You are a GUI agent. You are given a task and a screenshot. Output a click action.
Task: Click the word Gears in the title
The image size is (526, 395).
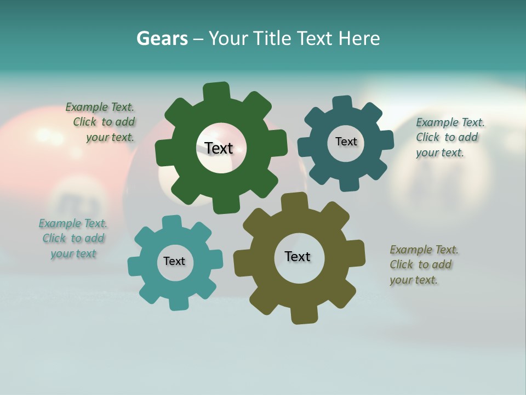coord(162,38)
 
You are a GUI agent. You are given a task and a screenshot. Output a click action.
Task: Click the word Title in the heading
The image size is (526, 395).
coord(272,38)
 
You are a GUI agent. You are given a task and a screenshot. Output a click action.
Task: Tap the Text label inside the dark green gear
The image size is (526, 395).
coord(219,148)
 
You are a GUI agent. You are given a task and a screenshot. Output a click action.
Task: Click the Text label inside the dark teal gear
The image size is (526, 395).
coord(346,142)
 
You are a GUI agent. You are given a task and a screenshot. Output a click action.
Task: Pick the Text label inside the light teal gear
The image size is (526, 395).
coord(174,261)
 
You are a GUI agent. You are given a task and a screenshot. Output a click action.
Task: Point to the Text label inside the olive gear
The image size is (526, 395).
coord(298,256)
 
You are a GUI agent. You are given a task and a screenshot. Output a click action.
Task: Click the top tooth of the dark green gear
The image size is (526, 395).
coord(216,91)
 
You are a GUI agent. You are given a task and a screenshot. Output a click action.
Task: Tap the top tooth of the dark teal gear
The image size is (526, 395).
coord(342,104)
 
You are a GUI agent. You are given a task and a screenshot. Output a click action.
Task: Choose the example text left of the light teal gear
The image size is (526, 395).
coord(73,238)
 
